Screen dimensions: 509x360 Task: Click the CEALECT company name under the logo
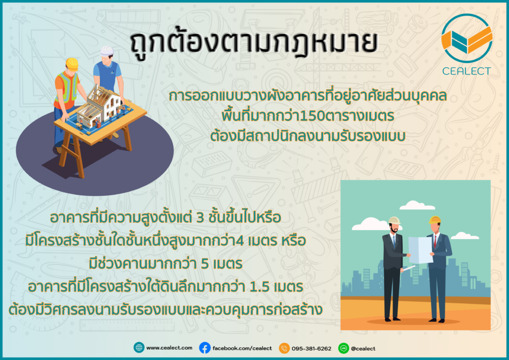pos(466,71)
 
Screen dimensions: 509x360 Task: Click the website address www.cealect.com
pos(169,348)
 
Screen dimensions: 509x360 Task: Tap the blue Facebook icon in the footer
pos(204,348)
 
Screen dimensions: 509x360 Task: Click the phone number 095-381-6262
pos(311,348)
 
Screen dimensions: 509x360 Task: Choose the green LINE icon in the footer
pos(343,348)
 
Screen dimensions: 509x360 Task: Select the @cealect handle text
pos(363,348)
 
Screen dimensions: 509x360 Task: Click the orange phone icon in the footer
pos(284,348)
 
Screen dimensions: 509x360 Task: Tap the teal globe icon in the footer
pos(139,348)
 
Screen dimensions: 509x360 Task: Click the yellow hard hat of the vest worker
pos(72,63)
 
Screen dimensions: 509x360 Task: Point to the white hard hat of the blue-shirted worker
pos(107,51)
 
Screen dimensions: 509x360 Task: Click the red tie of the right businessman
pos(435,242)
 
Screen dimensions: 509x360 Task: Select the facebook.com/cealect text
pos(242,348)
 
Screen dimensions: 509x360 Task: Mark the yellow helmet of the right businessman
pos(434,220)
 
